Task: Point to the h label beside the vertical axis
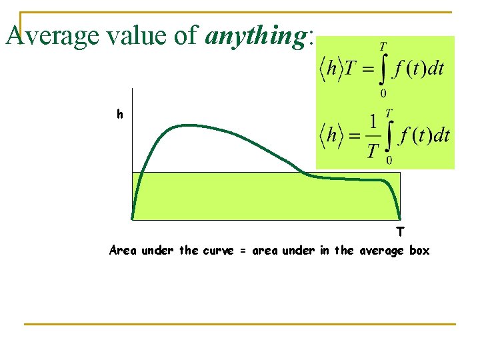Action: pyautogui.click(x=119, y=115)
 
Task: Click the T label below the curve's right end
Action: pyautogui.click(x=399, y=232)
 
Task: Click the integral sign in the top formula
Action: pyautogui.click(x=383, y=69)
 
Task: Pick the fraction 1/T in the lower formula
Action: pyautogui.click(x=373, y=137)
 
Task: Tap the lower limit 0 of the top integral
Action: pyautogui.click(x=383, y=93)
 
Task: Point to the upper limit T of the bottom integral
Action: pyautogui.click(x=389, y=112)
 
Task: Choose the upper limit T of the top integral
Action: pyautogui.click(x=383, y=47)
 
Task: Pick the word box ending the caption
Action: pyautogui.click(x=419, y=251)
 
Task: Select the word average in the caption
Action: pyautogui.click(x=381, y=251)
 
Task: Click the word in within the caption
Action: pyautogui.click(x=324, y=251)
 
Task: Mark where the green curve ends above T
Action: pyautogui.click(x=399, y=218)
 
